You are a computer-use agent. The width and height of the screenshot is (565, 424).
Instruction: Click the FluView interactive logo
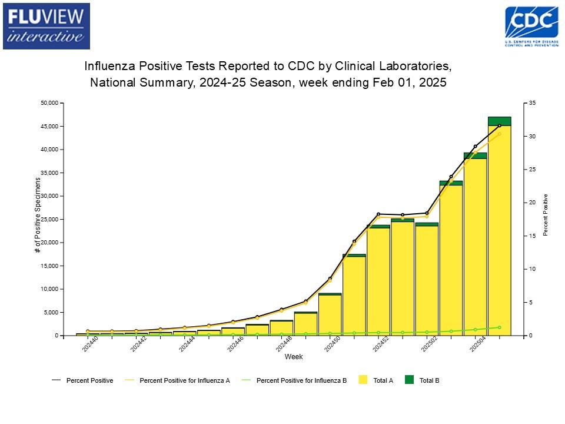[x=46, y=26]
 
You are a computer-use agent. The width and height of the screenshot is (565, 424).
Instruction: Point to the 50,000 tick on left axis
[x=50, y=103]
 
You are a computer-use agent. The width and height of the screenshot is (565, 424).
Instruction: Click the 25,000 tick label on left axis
[x=50, y=220]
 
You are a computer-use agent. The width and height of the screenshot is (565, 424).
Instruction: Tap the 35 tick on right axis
[x=532, y=103]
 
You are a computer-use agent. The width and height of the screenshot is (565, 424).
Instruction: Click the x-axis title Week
[x=294, y=357]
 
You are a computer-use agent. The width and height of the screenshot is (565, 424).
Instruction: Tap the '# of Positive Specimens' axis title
[x=38, y=215]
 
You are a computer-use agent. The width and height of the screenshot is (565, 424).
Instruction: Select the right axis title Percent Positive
[x=546, y=215]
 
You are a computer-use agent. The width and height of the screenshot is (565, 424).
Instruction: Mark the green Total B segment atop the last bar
[x=499, y=121]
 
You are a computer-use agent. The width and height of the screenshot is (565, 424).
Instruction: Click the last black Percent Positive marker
[x=499, y=125]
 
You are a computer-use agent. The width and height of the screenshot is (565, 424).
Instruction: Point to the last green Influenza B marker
[x=499, y=327]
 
